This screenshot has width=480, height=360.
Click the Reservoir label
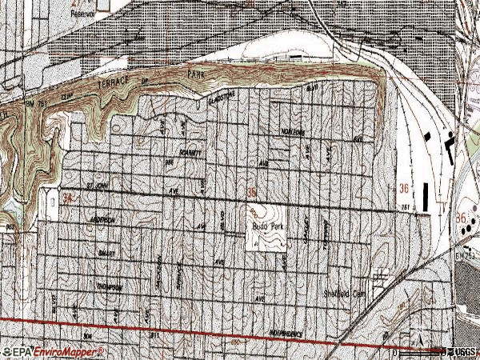coord(82,14)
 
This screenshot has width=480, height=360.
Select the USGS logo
coord(462,351)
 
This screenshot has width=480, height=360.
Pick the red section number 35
coord(252,192)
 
